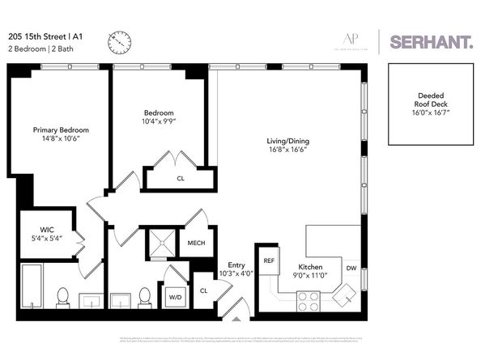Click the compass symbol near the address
point(119,40)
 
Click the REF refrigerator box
point(269,261)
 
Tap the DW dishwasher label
point(351,267)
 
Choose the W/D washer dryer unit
point(176,297)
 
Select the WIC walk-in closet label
point(47,234)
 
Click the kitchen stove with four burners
point(309,300)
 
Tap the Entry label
point(236,265)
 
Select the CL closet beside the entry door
point(203,290)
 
